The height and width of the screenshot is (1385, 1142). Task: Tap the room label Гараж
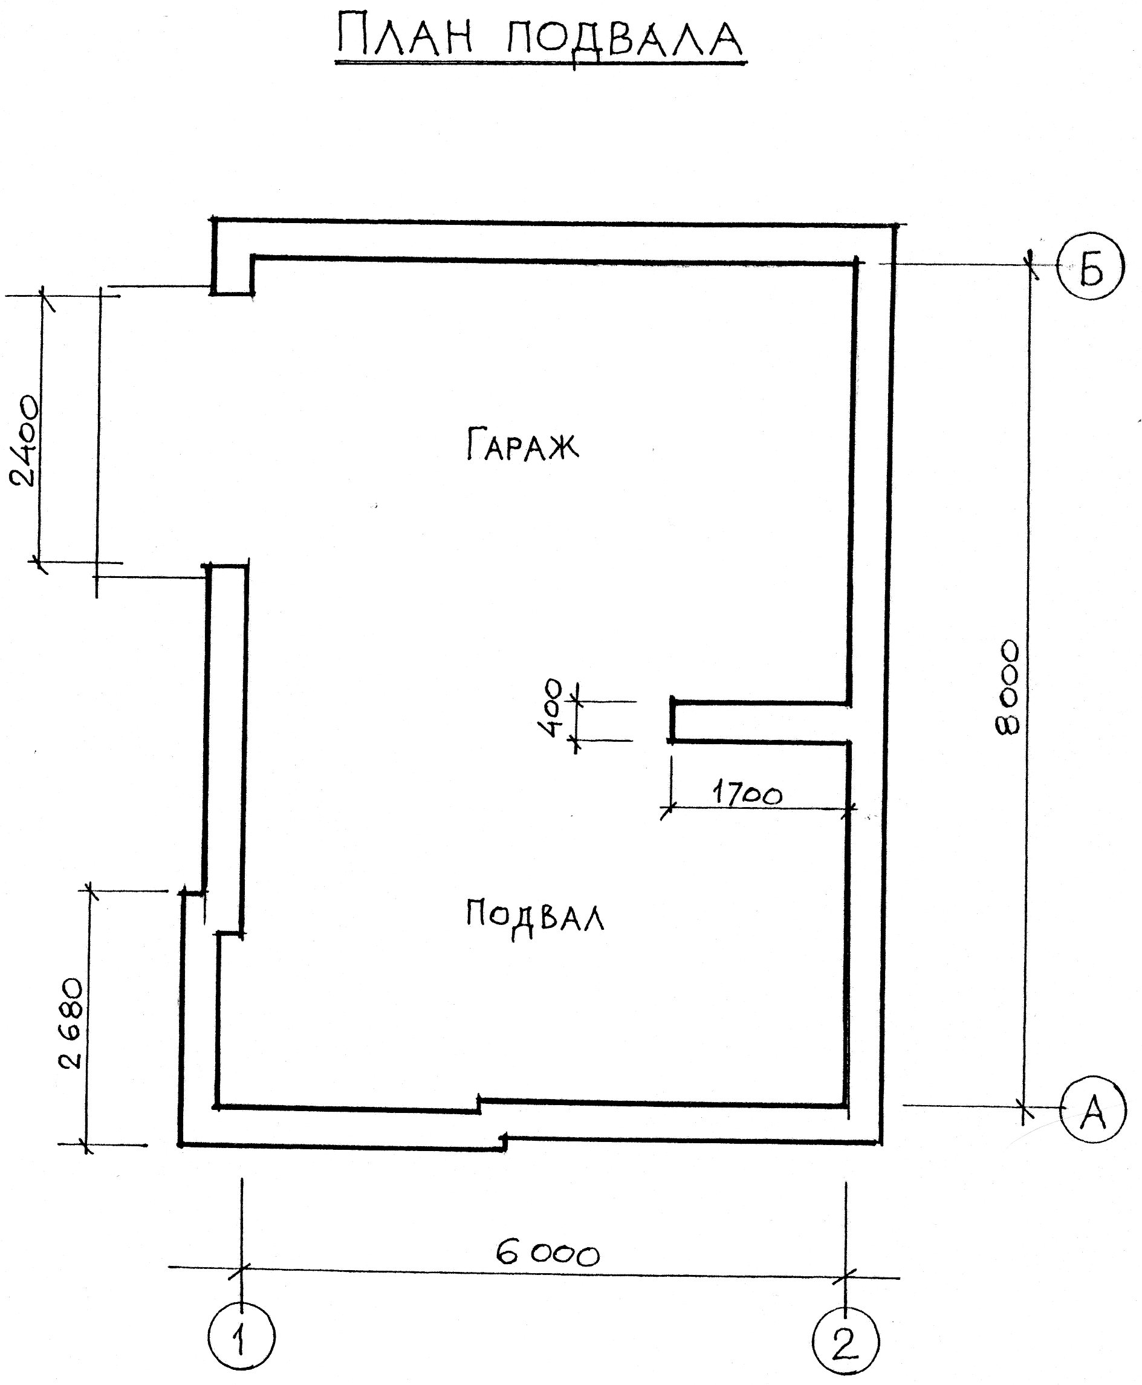[523, 444]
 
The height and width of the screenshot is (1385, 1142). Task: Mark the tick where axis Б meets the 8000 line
[1031, 264]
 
